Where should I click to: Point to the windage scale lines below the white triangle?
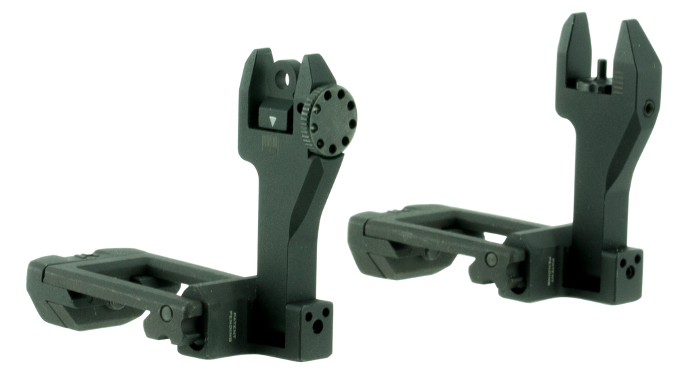click(x=270, y=144)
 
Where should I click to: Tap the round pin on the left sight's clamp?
click(x=165, y=312)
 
